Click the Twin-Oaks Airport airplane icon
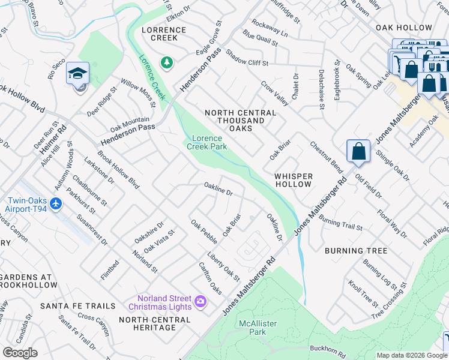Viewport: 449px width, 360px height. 56,204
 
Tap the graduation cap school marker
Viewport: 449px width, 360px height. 77,74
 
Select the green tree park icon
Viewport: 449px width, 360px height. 167,62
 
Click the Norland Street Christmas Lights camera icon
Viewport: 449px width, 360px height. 200,301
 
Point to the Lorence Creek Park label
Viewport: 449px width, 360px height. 206,142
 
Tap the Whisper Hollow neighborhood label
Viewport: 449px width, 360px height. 294,180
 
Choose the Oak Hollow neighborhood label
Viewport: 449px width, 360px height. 403,28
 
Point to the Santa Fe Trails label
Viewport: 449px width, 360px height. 77,306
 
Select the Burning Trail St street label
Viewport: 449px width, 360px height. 340,224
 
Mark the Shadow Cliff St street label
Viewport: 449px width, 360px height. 247,61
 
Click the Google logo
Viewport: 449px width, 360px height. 20,353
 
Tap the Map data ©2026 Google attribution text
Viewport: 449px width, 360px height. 412,355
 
